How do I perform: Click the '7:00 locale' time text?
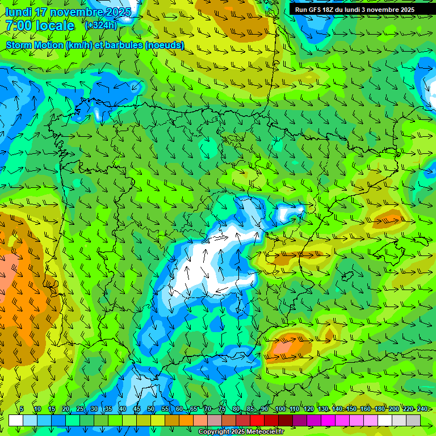click(x=40, y=26)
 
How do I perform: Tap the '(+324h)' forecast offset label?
click(x=100, y=25)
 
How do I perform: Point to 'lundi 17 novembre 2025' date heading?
click(x=68, y=12)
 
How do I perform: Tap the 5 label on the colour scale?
click(x=21, y=409)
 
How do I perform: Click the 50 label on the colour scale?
click(x=151, y=409)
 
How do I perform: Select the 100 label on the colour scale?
click(x=280, y=409)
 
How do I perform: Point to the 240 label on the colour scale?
click(x=422, y=409)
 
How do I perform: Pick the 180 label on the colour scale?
click(x=379, y=409)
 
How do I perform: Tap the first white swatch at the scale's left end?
click(x=16, y=420)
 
